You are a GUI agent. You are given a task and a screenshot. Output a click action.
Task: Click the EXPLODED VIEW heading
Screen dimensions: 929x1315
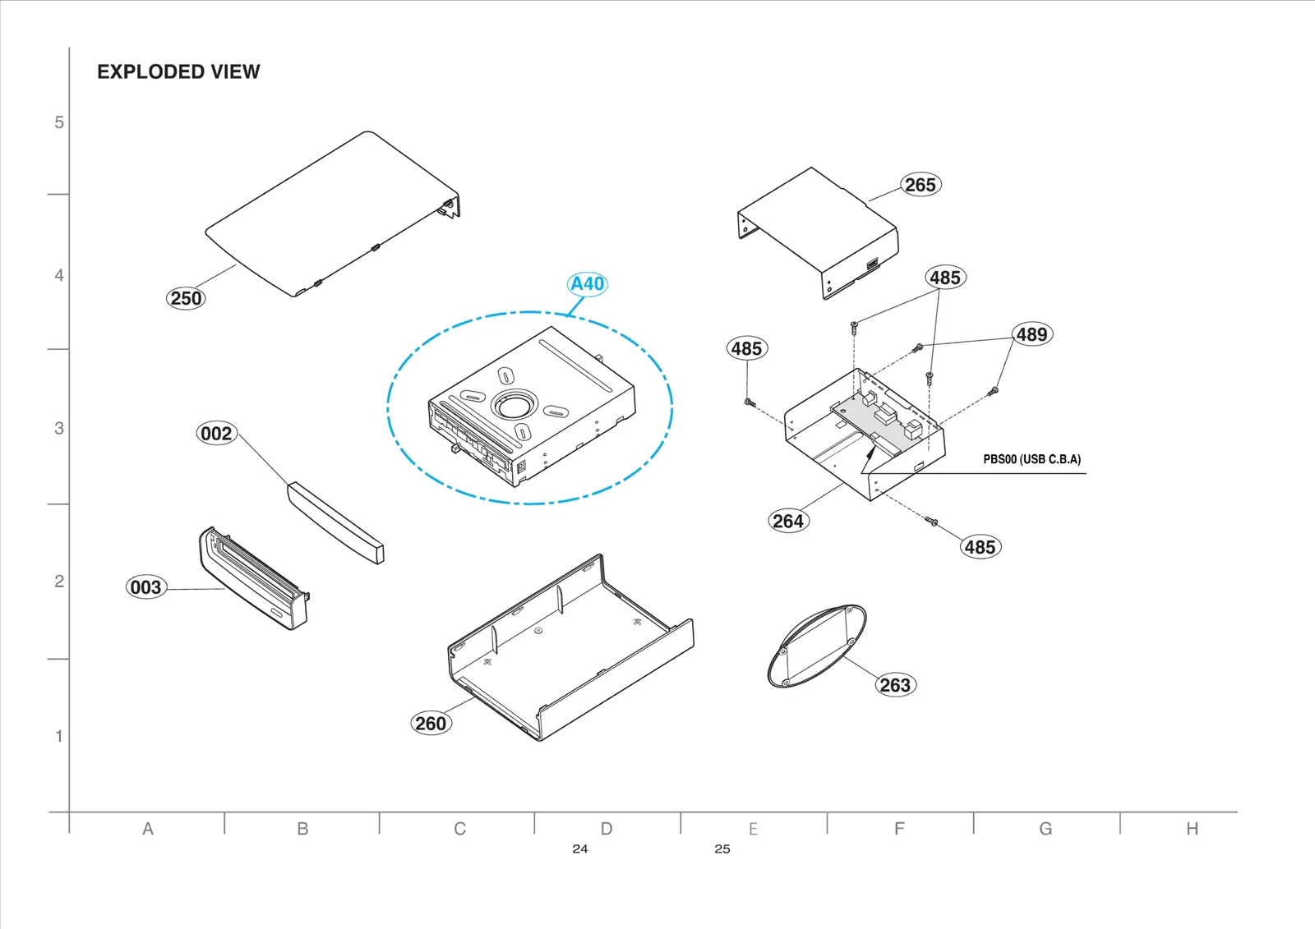coord(178,72)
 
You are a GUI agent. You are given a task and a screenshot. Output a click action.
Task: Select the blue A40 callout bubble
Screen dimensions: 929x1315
coord(588,284)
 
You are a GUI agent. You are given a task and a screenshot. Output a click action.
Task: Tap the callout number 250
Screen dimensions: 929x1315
coord(186,298)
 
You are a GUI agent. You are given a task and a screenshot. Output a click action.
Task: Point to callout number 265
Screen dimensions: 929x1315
coord(920,185)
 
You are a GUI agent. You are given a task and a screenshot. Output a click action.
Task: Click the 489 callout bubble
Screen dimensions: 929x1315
coord(1031,334)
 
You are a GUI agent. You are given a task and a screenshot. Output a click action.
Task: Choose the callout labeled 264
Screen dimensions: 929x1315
coord(788,521)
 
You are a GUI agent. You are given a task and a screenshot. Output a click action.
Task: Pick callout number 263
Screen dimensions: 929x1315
coord(895,685)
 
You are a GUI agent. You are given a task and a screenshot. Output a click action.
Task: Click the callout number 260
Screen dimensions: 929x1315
coord(431,724)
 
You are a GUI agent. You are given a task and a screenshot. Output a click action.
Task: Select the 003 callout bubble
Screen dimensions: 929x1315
coord(145,587)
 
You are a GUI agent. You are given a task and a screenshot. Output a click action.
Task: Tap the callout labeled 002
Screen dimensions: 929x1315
coord(216,434)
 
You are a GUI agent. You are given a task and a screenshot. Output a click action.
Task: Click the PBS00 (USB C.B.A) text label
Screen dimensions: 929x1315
coord(1031,459)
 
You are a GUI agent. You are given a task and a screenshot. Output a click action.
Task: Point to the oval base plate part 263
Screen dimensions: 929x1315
coord(815,646)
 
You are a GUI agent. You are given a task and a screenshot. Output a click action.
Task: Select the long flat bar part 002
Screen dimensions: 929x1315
coord(335,522)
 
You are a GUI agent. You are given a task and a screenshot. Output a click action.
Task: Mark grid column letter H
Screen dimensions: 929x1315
coord(1192,829)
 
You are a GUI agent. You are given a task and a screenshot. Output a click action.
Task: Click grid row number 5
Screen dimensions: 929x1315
coord(59,122)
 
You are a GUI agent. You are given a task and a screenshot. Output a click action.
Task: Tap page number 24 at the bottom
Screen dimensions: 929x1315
coord(580,849)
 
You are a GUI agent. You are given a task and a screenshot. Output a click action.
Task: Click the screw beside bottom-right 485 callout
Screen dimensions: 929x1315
coord(931,521)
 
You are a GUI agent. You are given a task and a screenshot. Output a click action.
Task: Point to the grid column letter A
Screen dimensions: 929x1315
coord(148,829)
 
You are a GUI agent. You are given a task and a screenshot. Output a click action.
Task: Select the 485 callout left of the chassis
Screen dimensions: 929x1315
coord(746,348)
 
